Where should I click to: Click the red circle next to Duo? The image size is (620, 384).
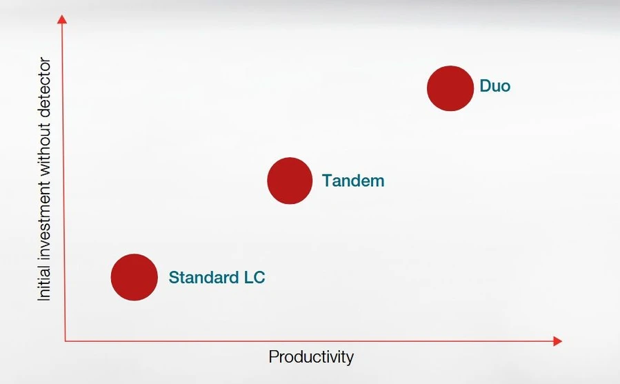tap(450, 88)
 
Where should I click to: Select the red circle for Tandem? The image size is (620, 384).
tap(290, 181)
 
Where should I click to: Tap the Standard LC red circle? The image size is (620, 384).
tap(134, 277)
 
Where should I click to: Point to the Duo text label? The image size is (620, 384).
tap(494, 85)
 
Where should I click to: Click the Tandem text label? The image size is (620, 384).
tap(353, 181)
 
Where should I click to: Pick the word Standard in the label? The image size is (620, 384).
tap(203, 277)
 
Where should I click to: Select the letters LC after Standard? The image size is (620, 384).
tap(254, 277)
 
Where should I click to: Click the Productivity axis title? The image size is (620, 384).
tap(311, 356)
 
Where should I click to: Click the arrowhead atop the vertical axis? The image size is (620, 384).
tap(62, 19)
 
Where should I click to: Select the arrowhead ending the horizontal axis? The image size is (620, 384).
tap(557, 341)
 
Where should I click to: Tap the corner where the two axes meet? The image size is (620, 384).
tap(66, 341)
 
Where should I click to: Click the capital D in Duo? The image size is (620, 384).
tap(485, 85)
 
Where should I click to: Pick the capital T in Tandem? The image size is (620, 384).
tap(328, 181)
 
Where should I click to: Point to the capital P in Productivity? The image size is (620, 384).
tap(273, 356)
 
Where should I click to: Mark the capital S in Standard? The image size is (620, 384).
tap(174, 277)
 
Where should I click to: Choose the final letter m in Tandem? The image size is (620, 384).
tap(377, 182)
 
